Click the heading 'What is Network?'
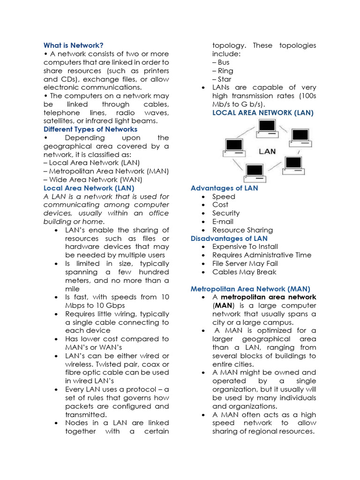pos(73,45)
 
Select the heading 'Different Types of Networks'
pos(90,129)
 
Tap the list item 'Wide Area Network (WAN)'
pos(93,180)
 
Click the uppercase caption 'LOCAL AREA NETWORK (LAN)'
pos(263,112)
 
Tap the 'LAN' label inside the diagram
pos(267,151)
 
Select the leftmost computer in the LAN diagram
pos(234,147)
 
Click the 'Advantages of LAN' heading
pos(224,188)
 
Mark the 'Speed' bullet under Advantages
pos(224,197)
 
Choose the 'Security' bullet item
pos(226,213)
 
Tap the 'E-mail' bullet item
pos(223,222)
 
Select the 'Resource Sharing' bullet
pos(242,230)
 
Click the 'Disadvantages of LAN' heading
pos(229,239)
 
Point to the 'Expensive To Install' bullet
pos(245,247)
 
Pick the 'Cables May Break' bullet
pos(244,272)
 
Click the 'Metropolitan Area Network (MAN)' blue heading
pos(250,289)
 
